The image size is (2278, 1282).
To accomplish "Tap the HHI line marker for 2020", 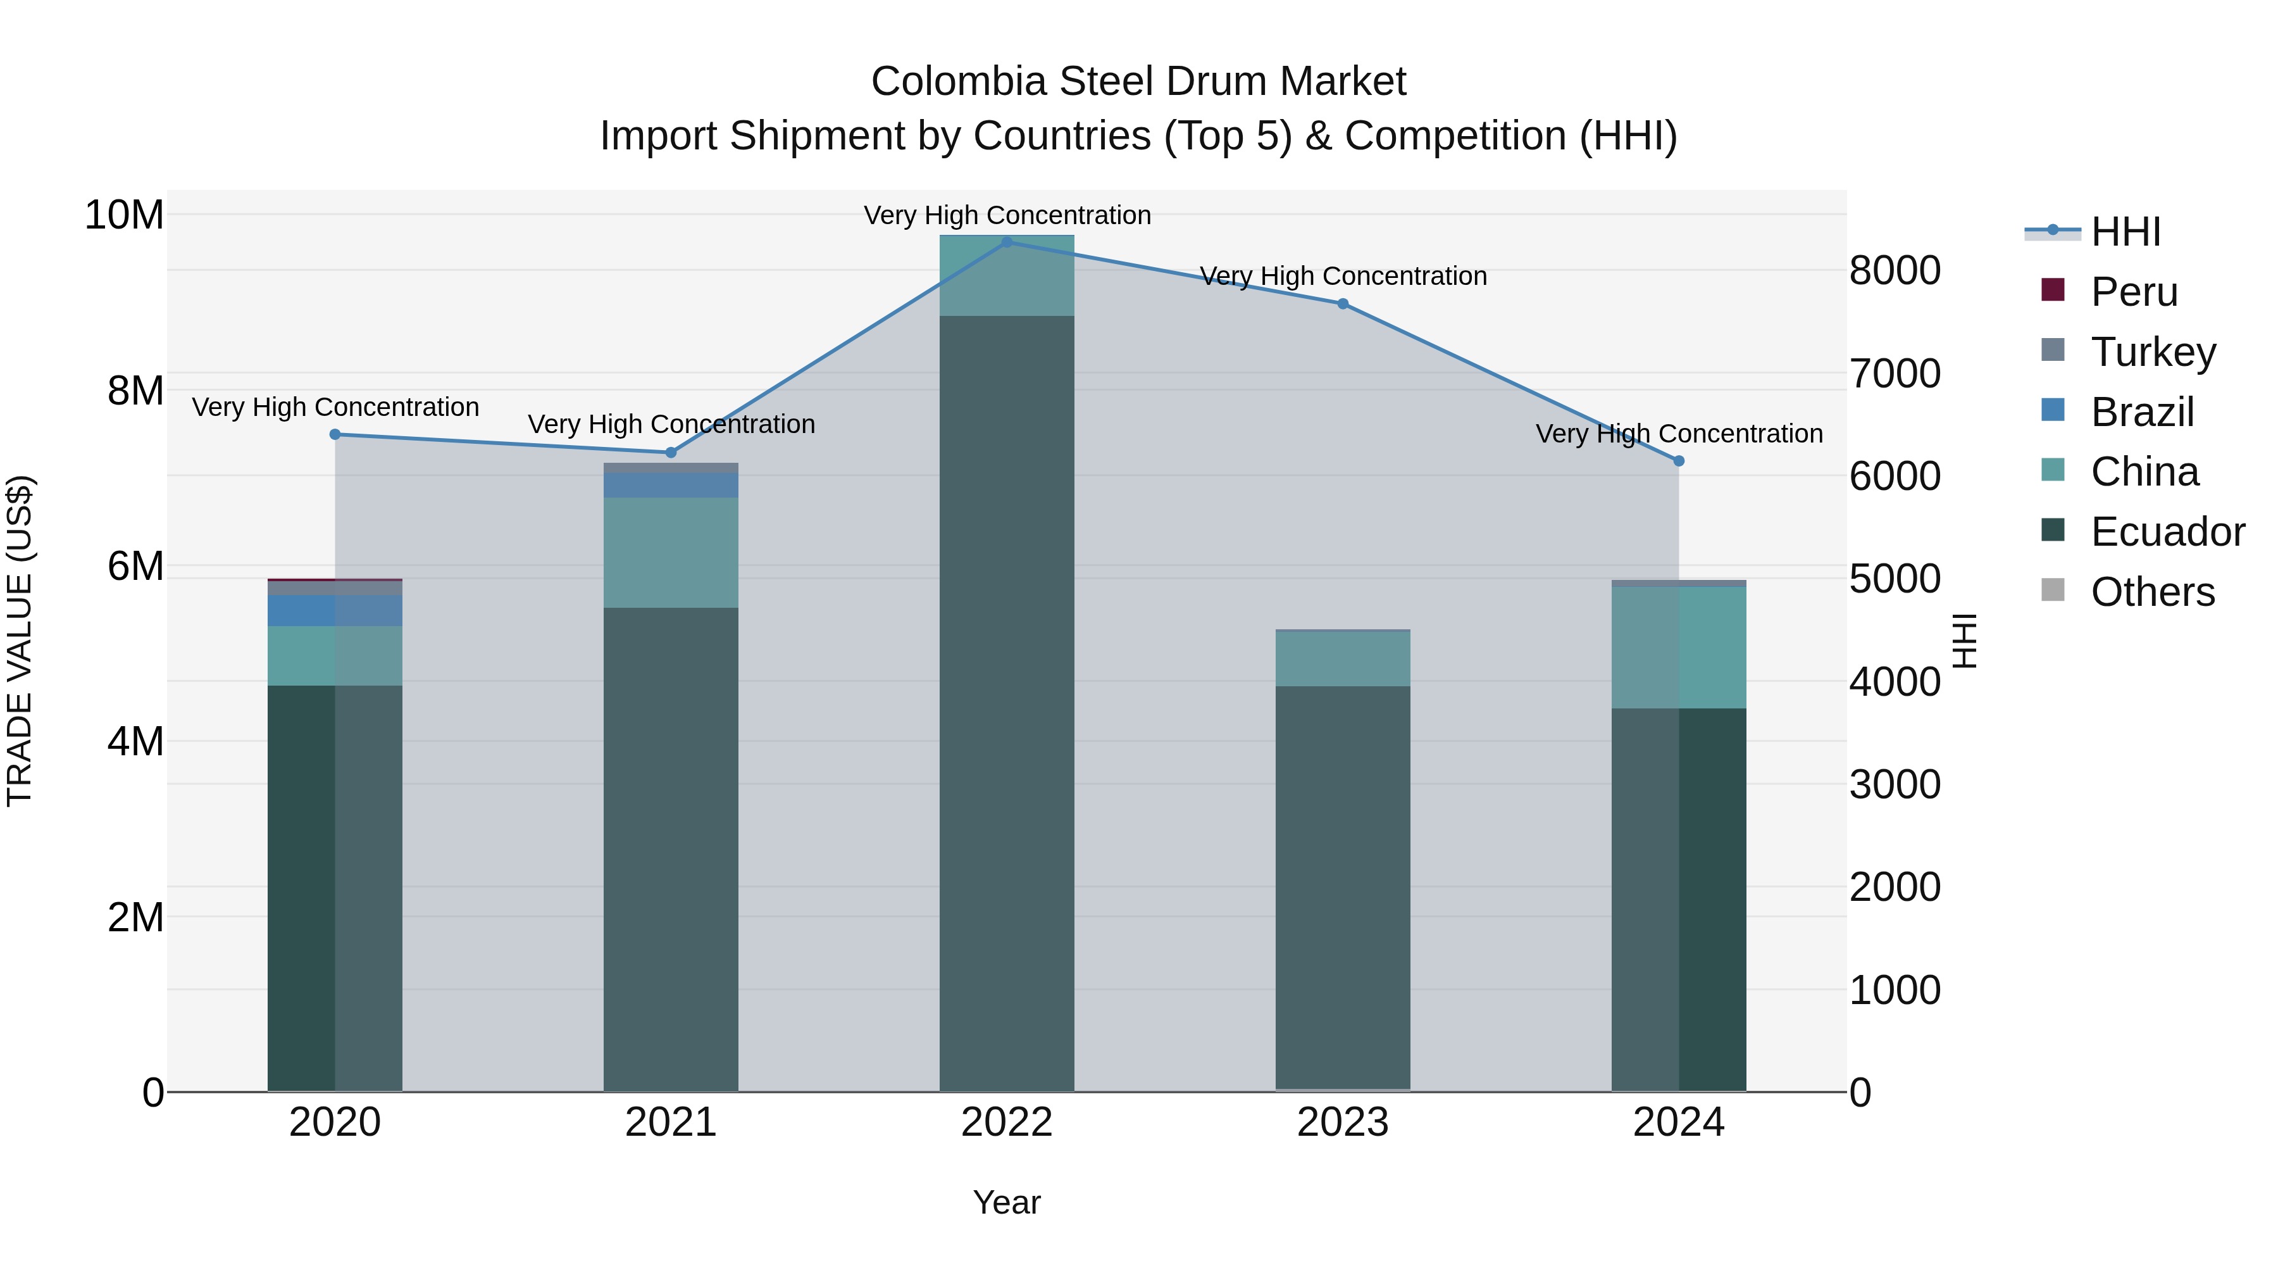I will (x=335, y=434).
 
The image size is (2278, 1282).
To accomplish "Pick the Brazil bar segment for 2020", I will (x=335, y=610).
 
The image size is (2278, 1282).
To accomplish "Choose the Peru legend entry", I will (x=2133, y=292).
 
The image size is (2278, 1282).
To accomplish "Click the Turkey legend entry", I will (x=2153, y=352).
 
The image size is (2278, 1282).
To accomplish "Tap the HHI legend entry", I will (x=2125, y=232).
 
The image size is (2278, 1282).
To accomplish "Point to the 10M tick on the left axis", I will (x=124, y=215).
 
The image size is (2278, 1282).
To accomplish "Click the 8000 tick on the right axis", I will (x=1894, y=271).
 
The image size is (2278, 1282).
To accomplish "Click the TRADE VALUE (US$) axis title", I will (x=20, y=641).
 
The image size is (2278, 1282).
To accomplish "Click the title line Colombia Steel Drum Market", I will (x=1138, y=82).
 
